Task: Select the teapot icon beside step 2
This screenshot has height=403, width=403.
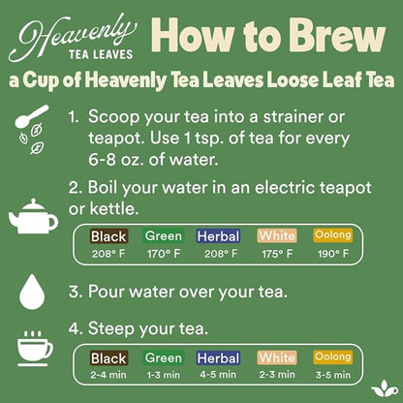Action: coord(31,217)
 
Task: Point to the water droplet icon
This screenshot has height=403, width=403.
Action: coord(30,288)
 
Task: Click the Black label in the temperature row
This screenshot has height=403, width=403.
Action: coord(108,235)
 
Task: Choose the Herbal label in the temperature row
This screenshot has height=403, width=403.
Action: coord(218,235)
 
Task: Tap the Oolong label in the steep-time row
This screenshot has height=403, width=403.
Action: coord(332,357)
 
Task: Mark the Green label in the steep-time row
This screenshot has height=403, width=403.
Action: coord(164,358)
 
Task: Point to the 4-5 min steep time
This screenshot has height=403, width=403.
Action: coord(218,375)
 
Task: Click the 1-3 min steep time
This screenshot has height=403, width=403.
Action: coord(164,375)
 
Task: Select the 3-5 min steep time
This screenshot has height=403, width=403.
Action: coord(332,375)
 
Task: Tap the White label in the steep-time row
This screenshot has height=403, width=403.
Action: coord(277,358)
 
